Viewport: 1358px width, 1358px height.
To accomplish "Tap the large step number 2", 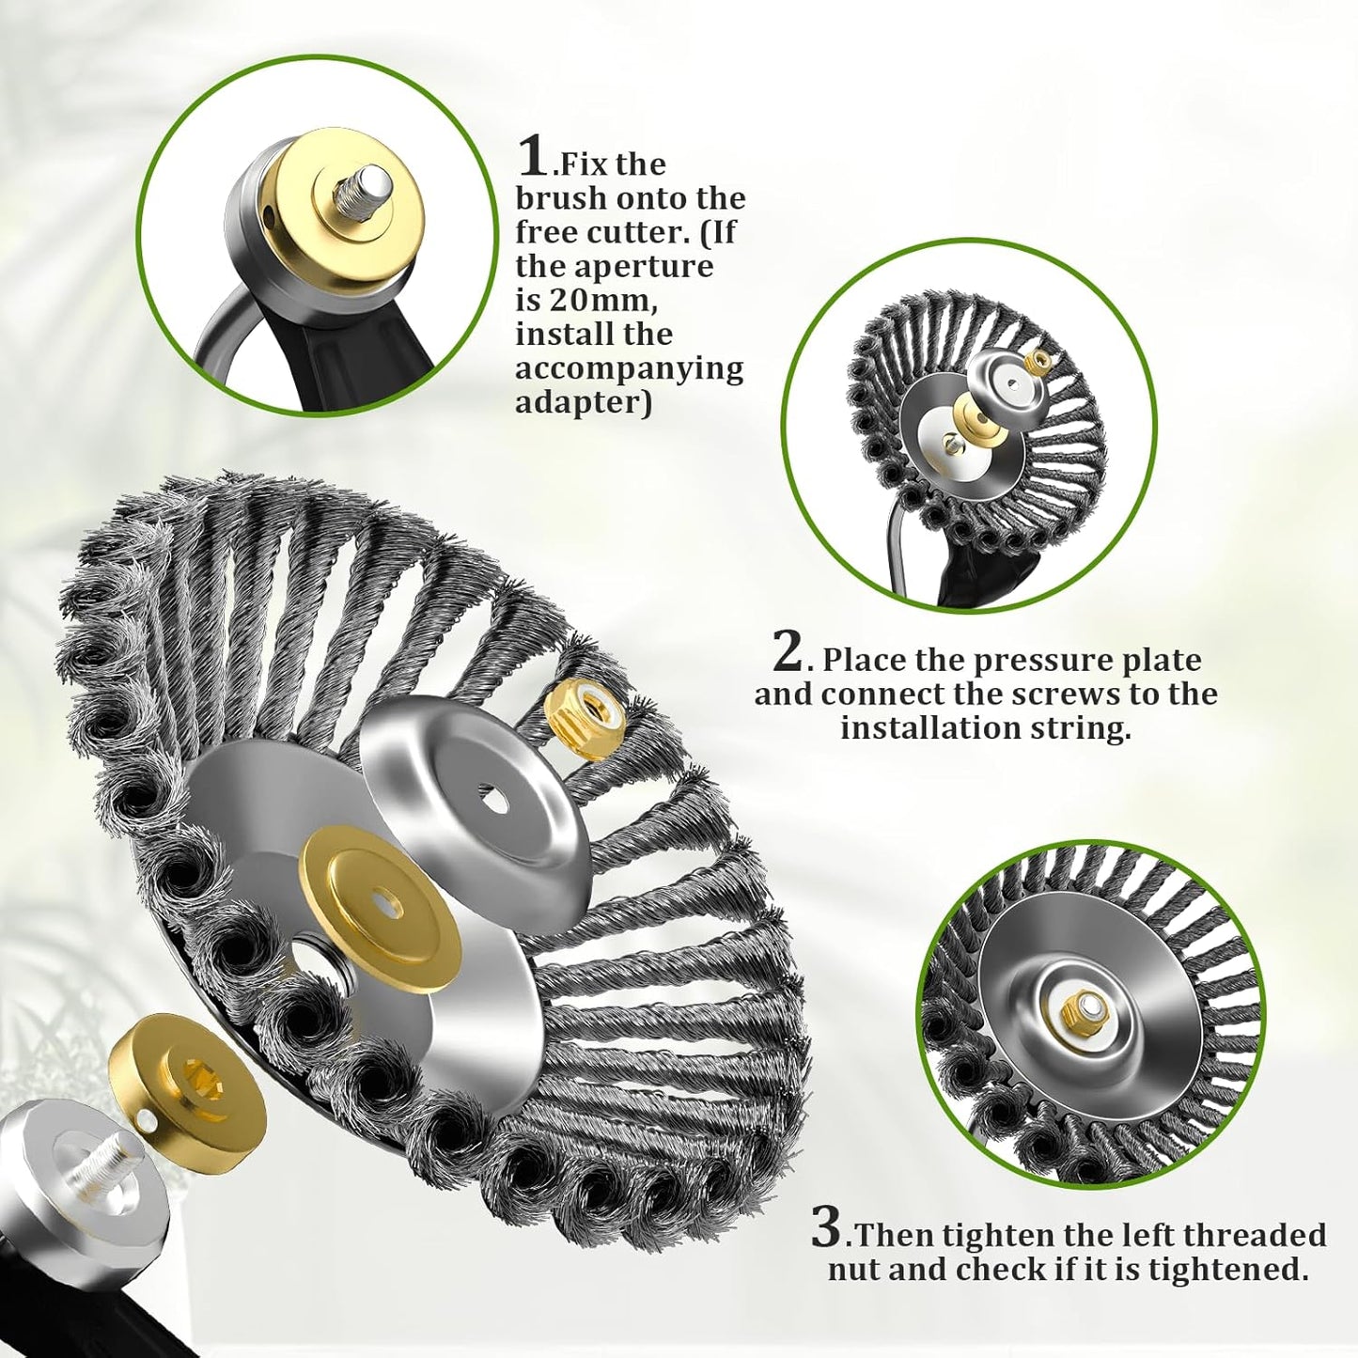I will click(x=788, y=652).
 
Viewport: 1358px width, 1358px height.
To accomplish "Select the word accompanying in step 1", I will click(x=629, y=368).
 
